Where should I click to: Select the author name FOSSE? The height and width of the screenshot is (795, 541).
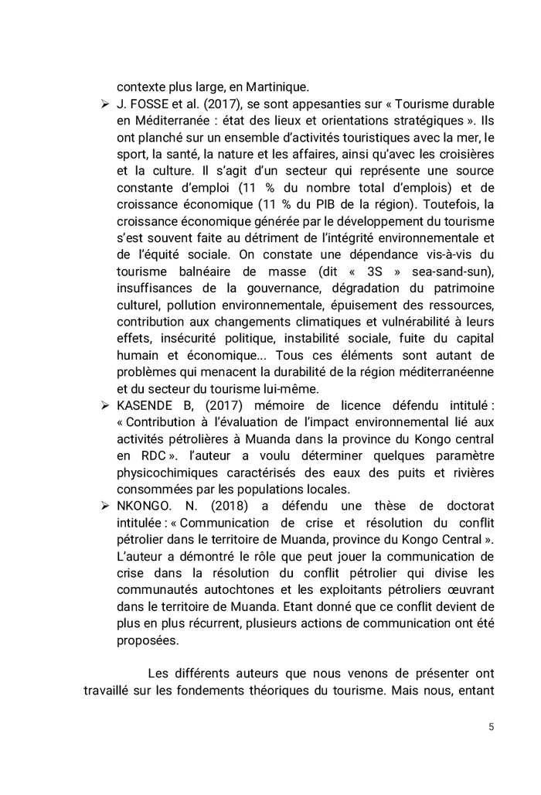coord(149,104)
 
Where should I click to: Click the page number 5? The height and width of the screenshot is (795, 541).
coord(491,728)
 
